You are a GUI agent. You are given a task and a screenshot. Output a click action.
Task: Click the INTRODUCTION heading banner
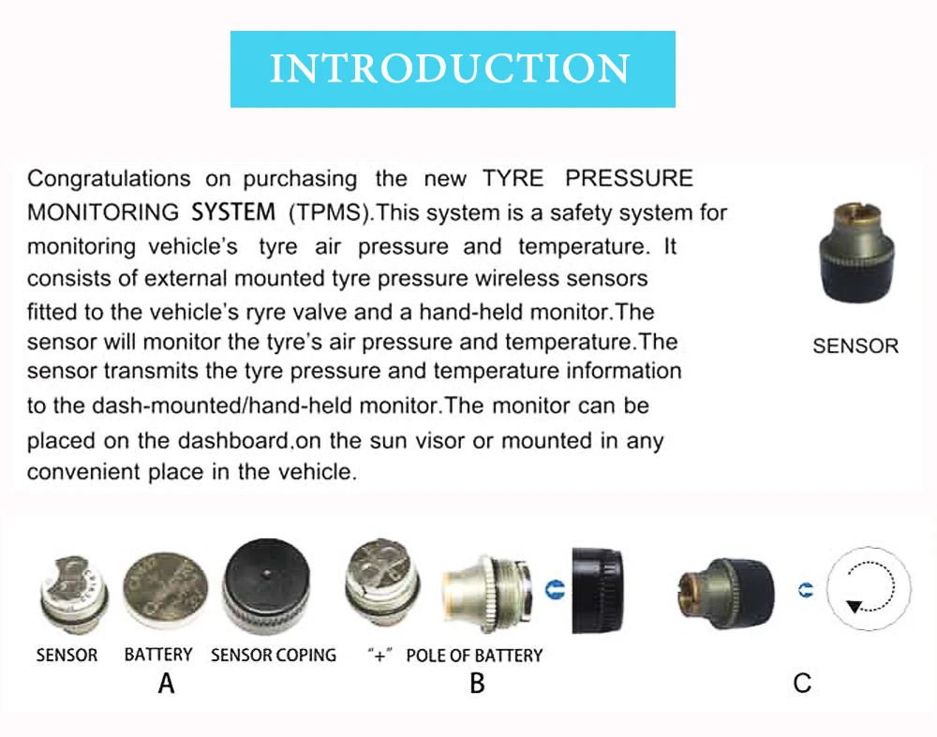coord(453,69)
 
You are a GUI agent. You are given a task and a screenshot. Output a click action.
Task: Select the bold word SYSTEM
coord(233,213)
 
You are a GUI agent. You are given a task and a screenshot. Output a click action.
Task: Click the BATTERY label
coord(158,655)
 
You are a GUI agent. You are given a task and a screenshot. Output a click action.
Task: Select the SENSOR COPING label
coord(274,655)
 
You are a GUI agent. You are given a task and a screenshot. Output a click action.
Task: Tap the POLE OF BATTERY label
coord(474,655)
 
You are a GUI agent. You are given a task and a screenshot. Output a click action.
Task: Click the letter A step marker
coord(166,684)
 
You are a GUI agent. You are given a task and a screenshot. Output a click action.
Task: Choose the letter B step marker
coord(477,684)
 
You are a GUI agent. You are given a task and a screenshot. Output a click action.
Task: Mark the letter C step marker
coord(802,684)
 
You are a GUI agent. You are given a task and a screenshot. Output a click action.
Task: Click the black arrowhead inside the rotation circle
coord(853,607)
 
